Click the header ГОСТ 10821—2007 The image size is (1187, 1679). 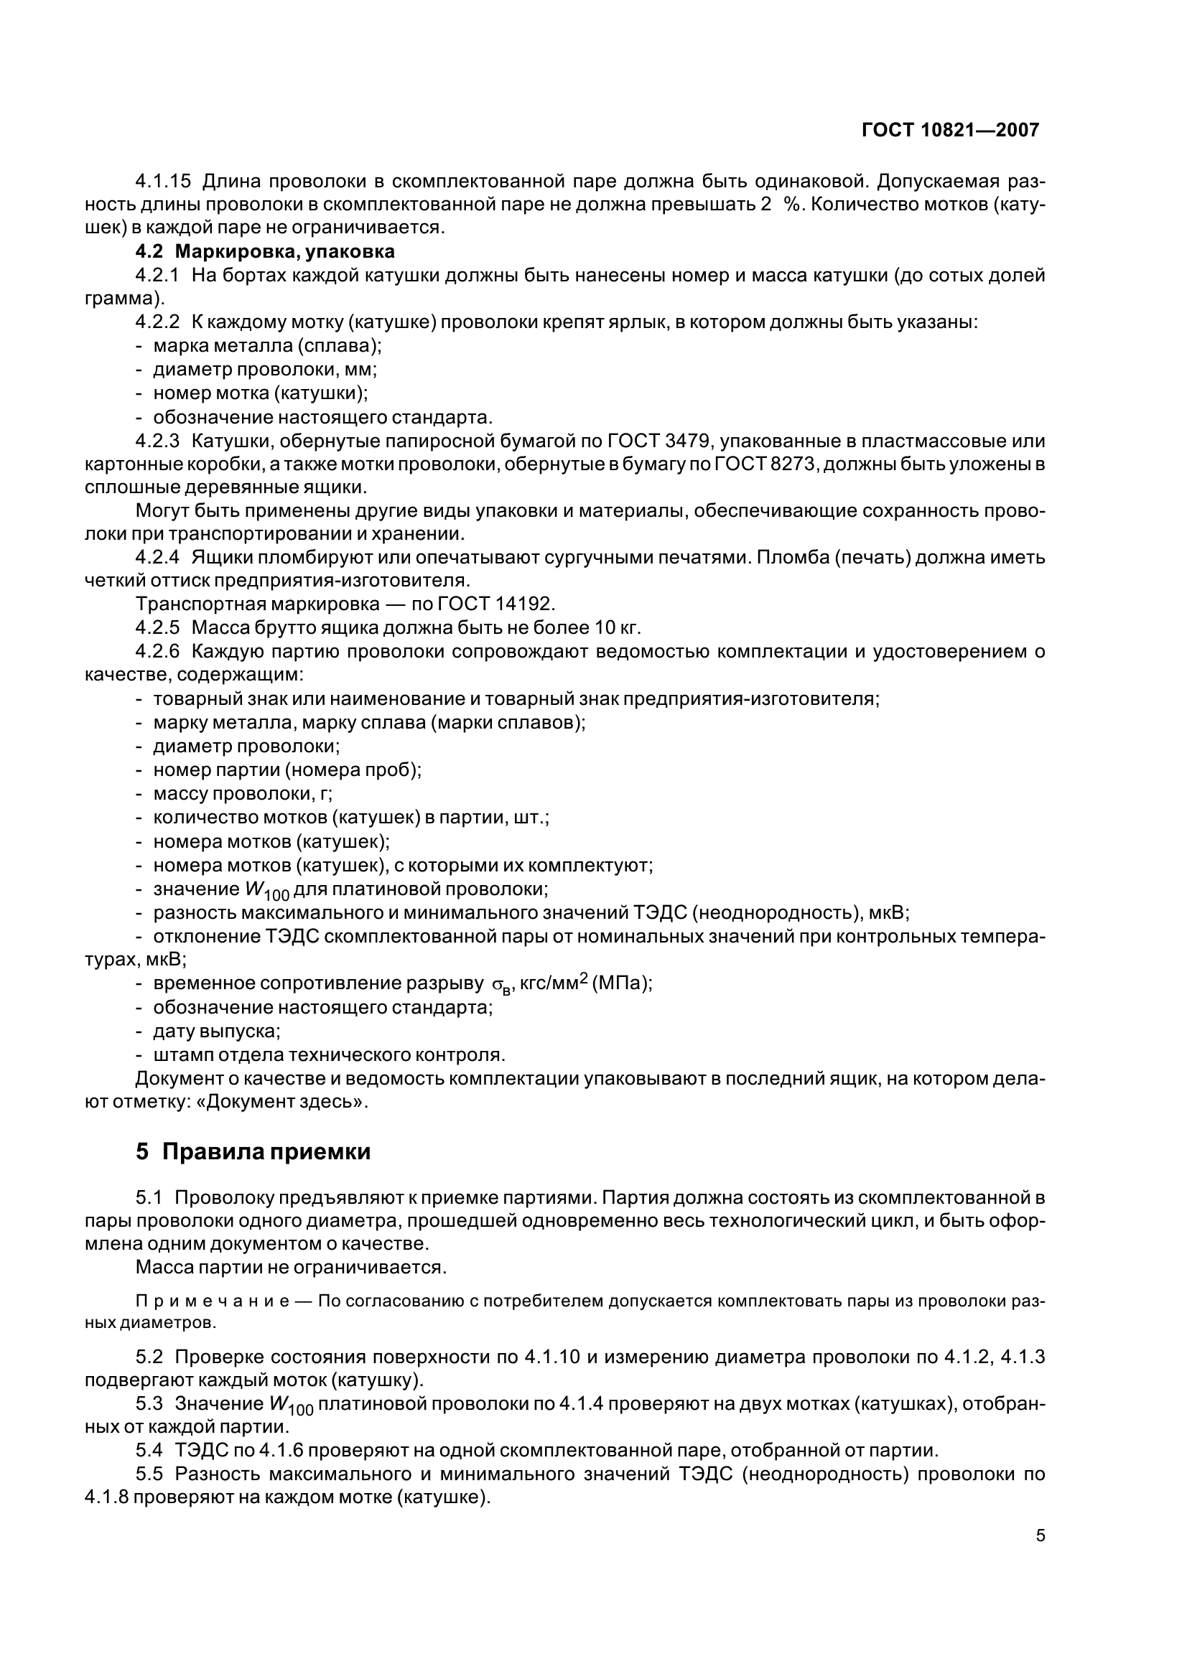coord(950,130)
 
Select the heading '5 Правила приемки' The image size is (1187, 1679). coord(253,1151)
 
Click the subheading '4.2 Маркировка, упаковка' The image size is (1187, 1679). coord(265,251)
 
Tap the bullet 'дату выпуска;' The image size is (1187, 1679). coord(217,1031)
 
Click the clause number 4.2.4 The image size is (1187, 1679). coord(157,557)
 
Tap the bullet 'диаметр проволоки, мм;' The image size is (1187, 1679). coord(265,369)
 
